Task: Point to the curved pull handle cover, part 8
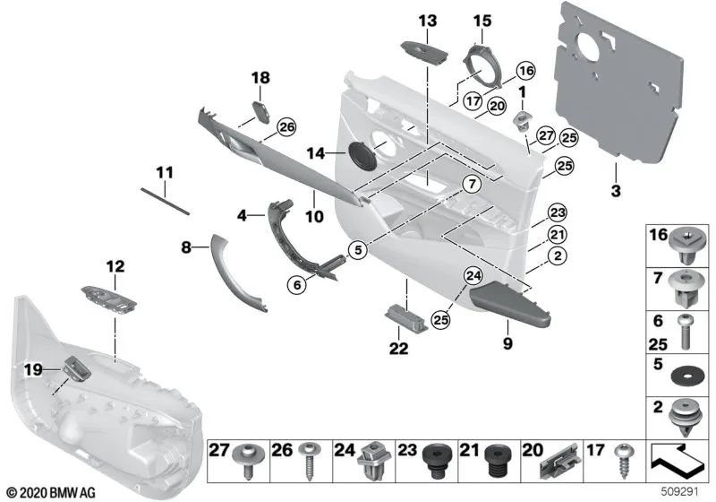(x=239, y=273)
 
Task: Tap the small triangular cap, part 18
(x=263, y=110)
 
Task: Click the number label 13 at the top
(x=427, y=20)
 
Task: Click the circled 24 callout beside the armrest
(x=473, y=275)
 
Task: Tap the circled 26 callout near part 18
(x=286, y=127)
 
